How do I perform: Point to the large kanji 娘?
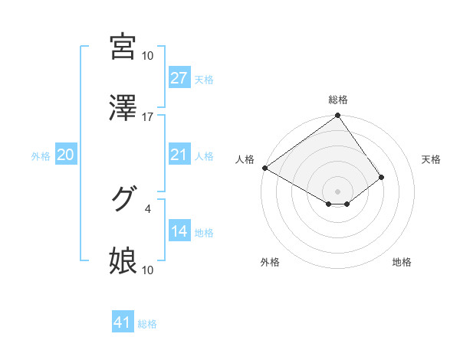coord(123,261)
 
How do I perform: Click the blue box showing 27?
coord(179,78)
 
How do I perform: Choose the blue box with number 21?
coord(179,155)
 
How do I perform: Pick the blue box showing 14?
coord(179,231)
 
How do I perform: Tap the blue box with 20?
coord(66,155)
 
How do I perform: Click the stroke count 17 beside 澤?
coord(148,117)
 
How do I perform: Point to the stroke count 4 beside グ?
coord(148,207)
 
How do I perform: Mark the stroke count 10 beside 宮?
coord(148,55)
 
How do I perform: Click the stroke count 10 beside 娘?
coord(148,270)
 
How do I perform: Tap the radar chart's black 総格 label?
coord(338,100)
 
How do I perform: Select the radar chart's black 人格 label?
coord(246,159)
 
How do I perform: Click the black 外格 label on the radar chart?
coord(269,262)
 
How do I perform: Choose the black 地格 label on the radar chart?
coord(402,262)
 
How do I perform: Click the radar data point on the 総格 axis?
coord(338,116)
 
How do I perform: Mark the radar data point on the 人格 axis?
coord(264,168)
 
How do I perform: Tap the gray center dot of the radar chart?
coord(338,191)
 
